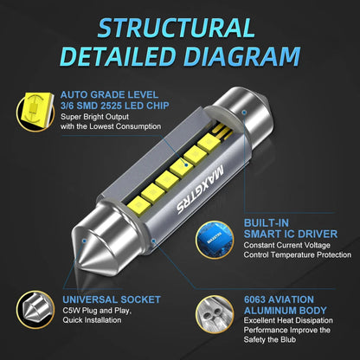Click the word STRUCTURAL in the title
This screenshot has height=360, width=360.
(177, 28)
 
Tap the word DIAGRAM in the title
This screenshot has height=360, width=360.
(241, 56)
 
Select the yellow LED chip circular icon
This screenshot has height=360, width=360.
(35, 112)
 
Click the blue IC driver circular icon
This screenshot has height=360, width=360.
(215, 240)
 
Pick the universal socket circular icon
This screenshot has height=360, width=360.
(35, 310)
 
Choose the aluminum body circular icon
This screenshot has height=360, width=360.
(215, 314)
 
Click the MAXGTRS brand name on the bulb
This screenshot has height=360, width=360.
(200, 189)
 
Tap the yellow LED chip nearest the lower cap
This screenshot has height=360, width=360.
(138, 206)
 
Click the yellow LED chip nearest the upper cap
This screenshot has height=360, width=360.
(209, 144)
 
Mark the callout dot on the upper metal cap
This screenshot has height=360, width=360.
(244, 112)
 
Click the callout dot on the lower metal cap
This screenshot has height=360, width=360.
(84, 241)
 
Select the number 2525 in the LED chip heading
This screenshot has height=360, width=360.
(111, 106)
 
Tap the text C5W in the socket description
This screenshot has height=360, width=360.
(71, 311)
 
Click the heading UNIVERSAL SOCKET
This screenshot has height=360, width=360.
(112, 299)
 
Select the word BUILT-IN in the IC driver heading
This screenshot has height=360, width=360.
(267, 223)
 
